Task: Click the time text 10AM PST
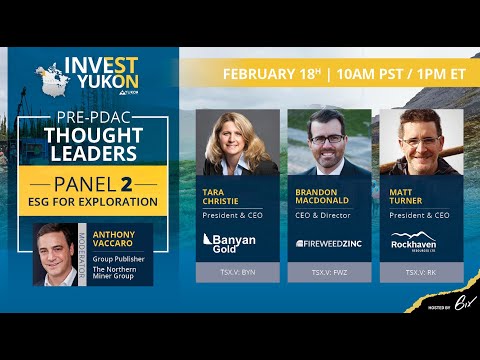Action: (x=362, y=74)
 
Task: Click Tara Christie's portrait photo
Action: (x=238, y=142)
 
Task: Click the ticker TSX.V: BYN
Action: (x=237, y=272)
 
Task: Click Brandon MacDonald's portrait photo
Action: (x=330, y=142)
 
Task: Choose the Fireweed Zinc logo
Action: (x=329, y=242)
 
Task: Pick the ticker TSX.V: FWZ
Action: (x=329, y=272)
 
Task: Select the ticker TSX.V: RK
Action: (x=421, y=272)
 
